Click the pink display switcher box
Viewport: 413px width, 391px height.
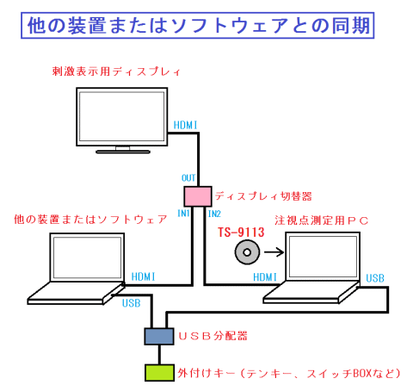[x=198, y=196]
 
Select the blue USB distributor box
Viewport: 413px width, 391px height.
[x=159, y=336]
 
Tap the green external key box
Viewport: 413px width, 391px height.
[x=159, y=373]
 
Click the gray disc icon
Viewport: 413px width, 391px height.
[x=247, y=252]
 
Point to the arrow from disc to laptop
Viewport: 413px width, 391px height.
[x=274, y=252]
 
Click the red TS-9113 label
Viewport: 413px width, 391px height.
[x=241, y=233]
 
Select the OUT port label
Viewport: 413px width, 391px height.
[x=188, y=178]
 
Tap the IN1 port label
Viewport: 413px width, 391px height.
[x=183, y=214]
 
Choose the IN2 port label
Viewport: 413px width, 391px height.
[x=214, y=214]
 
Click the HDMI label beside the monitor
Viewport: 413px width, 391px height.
[x=186, y=125]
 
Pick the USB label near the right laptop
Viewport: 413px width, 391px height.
[x=375, y=278]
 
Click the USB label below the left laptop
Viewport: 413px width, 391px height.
[x=132, y=303]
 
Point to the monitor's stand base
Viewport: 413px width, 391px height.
[x=123, y=152]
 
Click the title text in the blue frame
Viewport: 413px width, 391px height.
[x=199, y=25]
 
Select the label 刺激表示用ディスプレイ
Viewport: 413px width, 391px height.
[x=116, y=71]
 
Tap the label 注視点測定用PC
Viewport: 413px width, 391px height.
[x=322, y=220]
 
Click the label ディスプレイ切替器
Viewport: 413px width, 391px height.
[x=263, y=196]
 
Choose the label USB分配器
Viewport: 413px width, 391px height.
[x=213, y=336]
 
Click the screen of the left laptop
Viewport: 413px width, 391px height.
[x=87, y=258]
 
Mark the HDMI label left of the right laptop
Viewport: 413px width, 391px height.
[x=265, y=277]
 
